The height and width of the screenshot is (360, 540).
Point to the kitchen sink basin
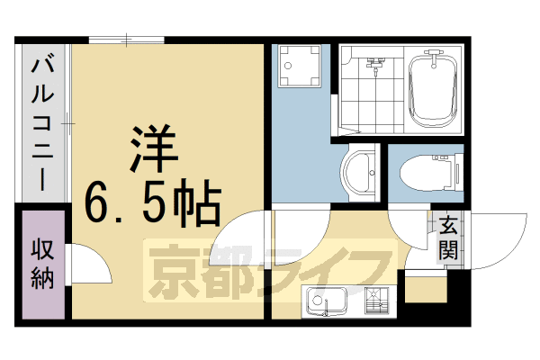326,301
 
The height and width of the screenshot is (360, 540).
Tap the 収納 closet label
42,264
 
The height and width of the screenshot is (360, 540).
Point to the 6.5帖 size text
151,203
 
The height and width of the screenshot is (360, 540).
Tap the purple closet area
42,288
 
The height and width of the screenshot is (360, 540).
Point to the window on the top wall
126,40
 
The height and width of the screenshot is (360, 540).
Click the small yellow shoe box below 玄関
425,288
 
